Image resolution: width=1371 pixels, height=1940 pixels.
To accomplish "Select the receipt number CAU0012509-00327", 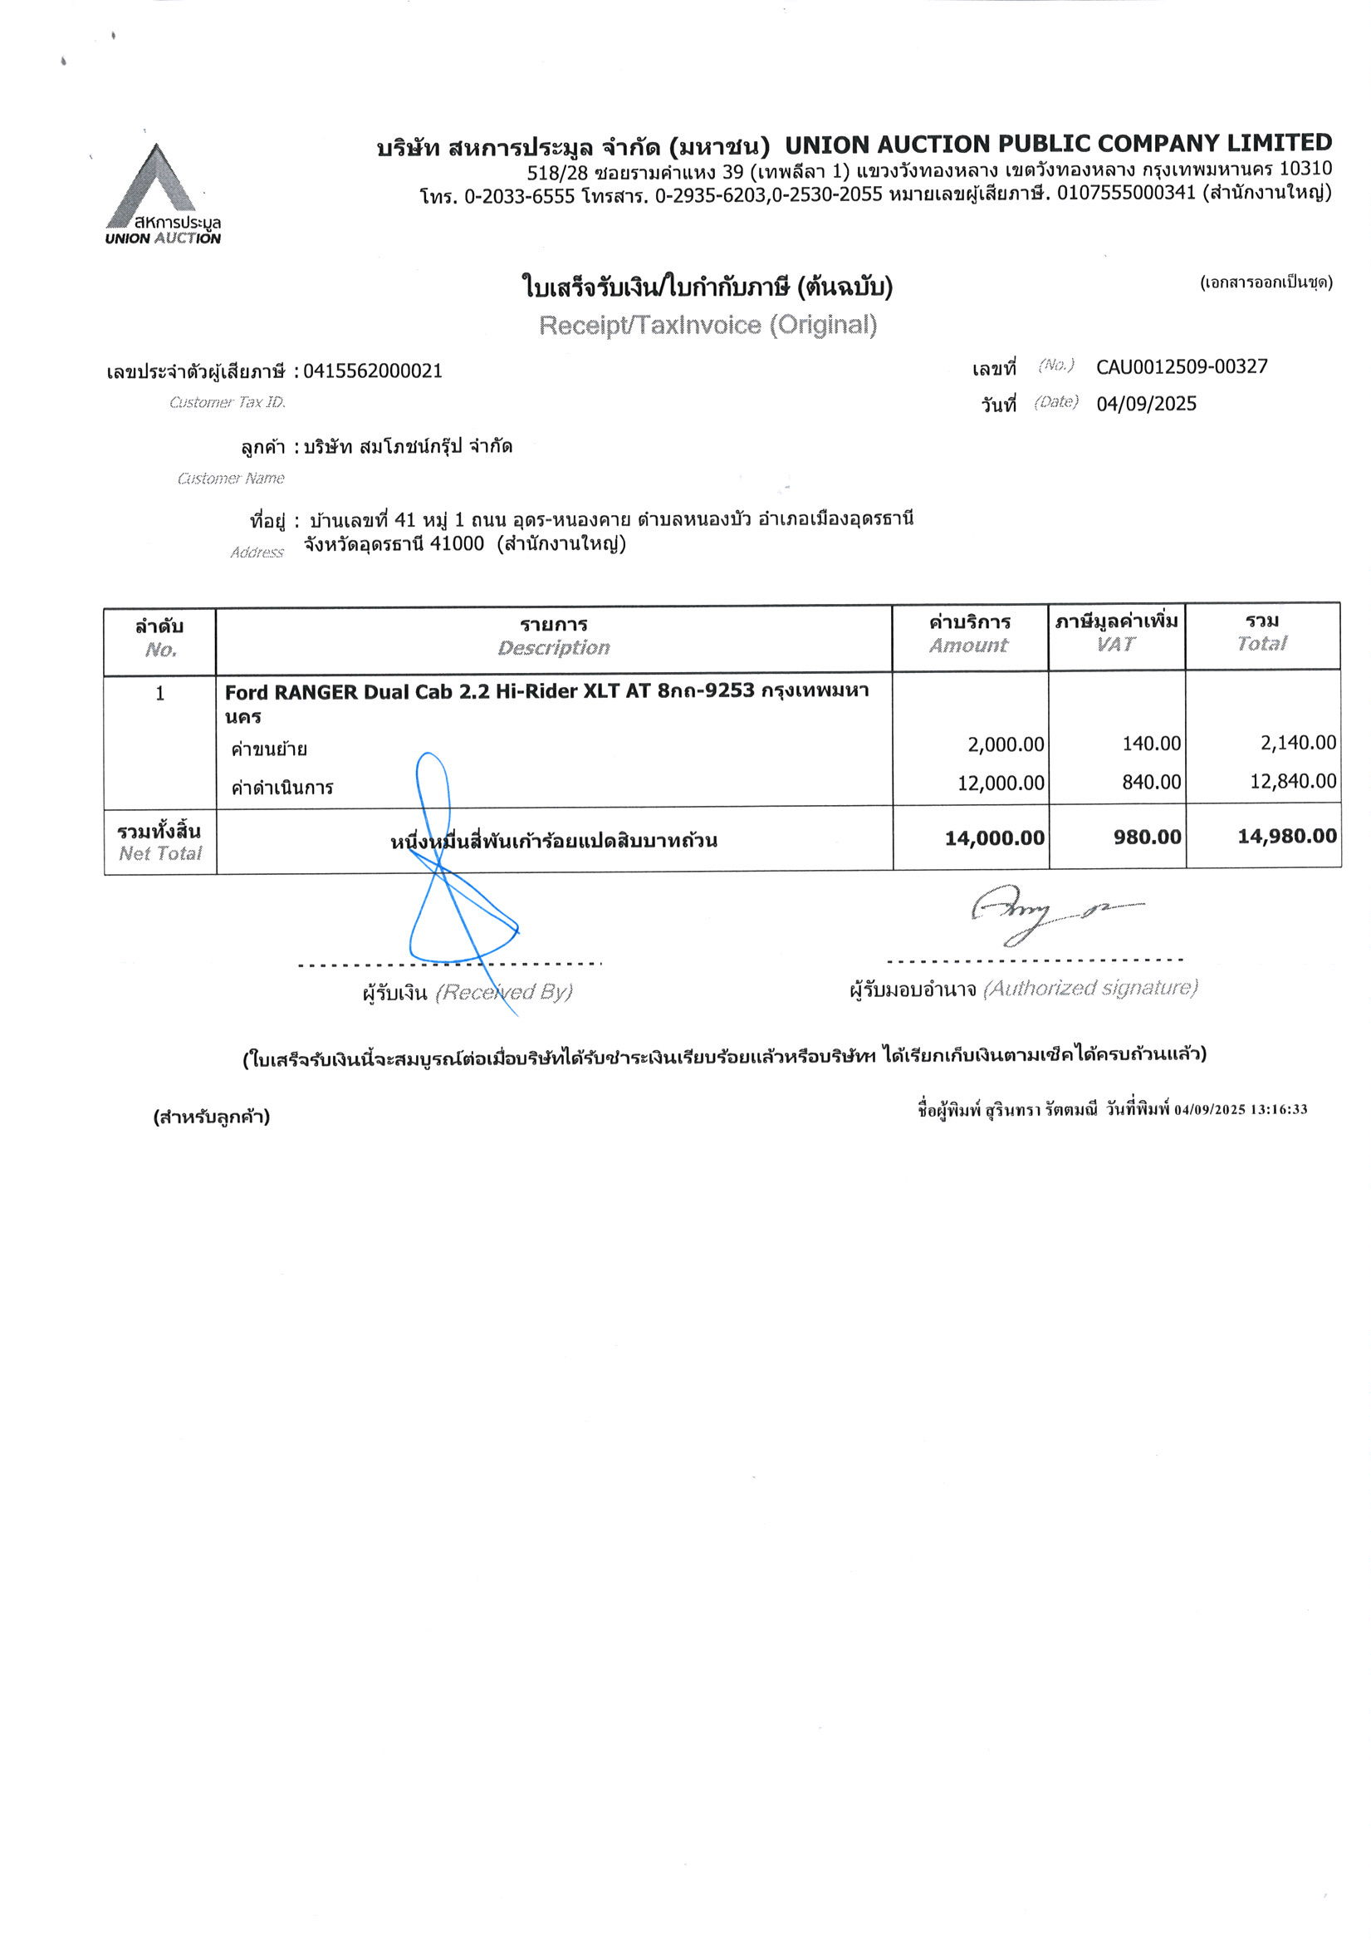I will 1181,366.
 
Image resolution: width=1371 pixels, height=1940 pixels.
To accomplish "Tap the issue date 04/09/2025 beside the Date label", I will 1145,404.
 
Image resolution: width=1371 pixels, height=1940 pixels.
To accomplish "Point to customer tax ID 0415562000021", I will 373,371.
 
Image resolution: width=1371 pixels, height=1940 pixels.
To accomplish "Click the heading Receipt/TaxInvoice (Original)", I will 707,326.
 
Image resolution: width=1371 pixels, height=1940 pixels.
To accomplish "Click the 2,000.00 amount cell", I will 1006,744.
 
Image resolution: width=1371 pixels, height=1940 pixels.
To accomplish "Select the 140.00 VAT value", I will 1150,744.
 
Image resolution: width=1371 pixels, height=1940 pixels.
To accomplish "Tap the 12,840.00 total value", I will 1292,782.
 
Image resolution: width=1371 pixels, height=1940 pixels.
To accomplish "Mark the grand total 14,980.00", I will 1286,837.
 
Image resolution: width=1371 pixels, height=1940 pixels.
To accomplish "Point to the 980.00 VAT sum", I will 1147,837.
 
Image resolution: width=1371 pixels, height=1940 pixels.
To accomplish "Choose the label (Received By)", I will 503,992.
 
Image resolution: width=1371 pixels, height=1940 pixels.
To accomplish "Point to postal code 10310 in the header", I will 1305,169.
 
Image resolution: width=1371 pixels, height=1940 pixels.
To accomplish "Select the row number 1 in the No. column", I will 159,694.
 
